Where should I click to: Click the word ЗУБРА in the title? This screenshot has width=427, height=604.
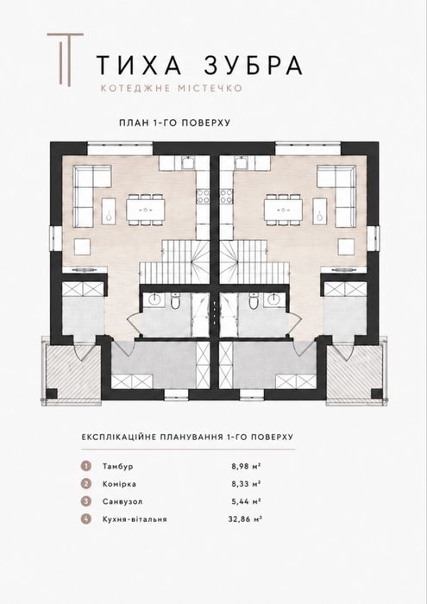253,65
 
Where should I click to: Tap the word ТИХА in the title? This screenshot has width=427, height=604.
138,65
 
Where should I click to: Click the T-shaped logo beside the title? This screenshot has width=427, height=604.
66,60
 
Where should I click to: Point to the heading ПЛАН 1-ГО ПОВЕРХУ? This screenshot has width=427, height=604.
175,123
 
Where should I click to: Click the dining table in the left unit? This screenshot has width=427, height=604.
146,210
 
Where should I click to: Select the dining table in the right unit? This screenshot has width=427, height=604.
283,210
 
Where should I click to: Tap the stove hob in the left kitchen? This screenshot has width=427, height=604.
203,196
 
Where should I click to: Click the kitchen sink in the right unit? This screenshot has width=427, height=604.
241,164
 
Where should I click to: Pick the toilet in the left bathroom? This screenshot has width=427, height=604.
175,301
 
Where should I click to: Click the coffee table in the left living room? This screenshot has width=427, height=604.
109,211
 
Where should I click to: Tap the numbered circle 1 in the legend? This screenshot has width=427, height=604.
86,466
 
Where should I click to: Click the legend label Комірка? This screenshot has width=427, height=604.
119,484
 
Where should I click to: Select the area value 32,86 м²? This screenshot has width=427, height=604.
245,519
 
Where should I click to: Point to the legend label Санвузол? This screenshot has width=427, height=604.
122,501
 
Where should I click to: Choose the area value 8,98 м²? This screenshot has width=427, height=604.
247,466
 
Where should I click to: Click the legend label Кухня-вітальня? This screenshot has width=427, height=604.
135,519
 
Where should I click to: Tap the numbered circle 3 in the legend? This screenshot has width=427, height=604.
86,501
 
